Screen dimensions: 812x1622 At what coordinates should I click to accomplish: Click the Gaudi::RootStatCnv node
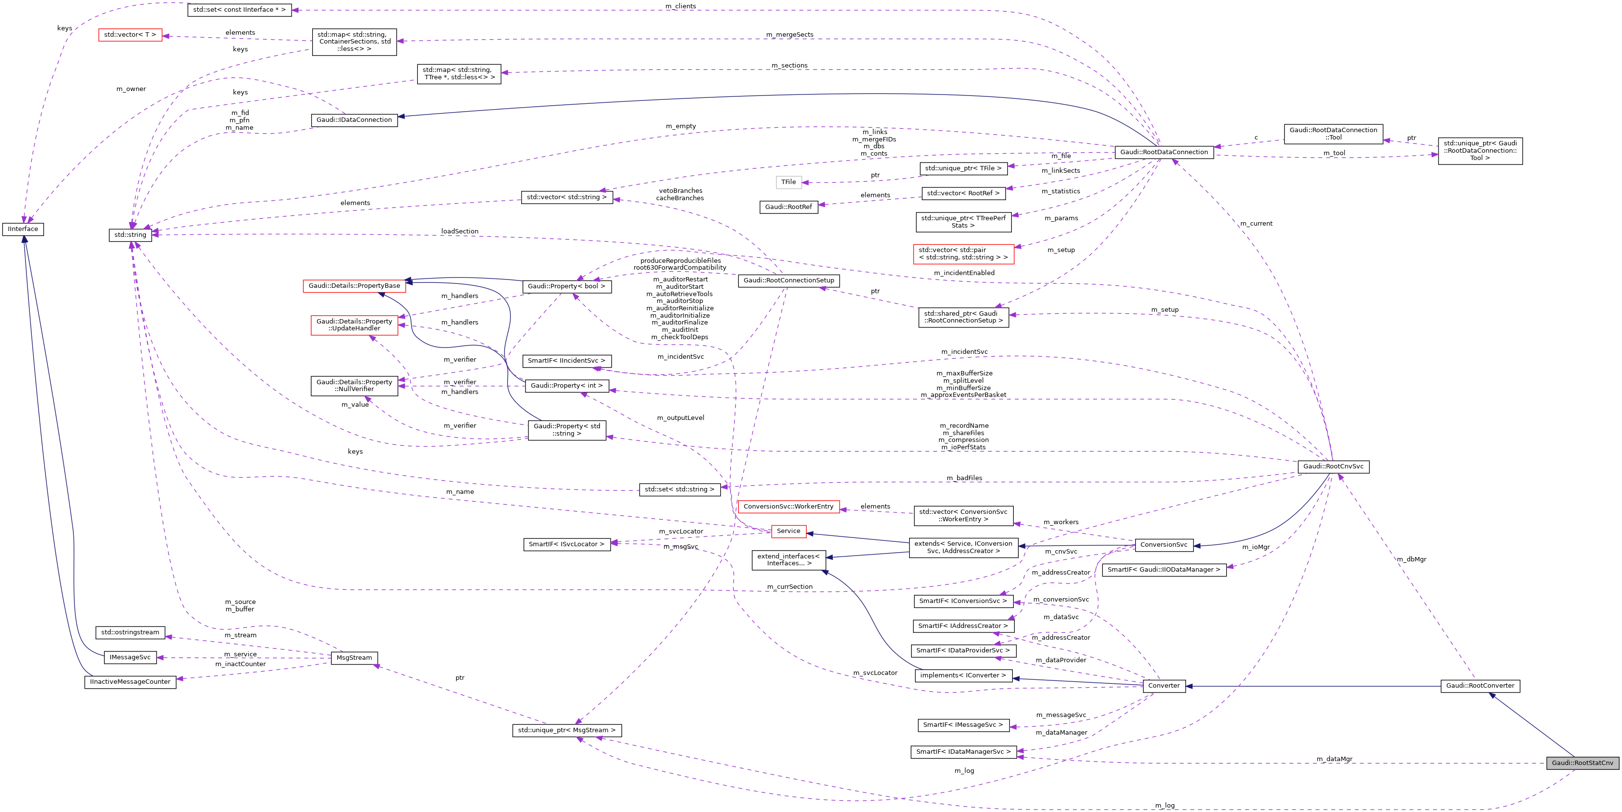point(1582,763)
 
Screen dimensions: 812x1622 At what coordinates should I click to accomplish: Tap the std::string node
point(130,235)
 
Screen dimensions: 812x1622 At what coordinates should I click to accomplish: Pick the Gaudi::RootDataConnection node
point(1164,152)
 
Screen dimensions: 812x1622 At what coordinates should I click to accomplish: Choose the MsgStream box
point(354,658)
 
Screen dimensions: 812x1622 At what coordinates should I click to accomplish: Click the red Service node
point(788,531)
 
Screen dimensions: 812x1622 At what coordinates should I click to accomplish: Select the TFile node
point(788,182)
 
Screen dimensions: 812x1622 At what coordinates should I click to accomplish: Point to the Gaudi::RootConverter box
point(1480,685)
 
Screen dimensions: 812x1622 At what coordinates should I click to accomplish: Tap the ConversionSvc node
point(1164,545)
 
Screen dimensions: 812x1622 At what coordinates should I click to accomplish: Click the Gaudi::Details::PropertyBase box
point(354,286)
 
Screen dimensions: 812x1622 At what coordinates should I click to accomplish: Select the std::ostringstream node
point(130,632)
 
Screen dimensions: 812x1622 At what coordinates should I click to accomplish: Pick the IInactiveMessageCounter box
point(130,682)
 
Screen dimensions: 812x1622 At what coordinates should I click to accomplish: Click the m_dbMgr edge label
point(1411,559)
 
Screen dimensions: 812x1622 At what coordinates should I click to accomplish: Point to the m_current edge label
point(1256,224)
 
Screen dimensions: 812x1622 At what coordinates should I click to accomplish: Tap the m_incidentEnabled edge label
point(964,273)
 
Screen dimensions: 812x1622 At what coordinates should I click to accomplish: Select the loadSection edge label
point(459,231)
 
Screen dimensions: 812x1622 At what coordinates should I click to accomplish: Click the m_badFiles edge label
point(964,478)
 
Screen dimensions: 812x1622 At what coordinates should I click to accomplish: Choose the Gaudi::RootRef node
point(788,207)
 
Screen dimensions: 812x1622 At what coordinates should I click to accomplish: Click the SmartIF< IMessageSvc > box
point(963,725)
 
